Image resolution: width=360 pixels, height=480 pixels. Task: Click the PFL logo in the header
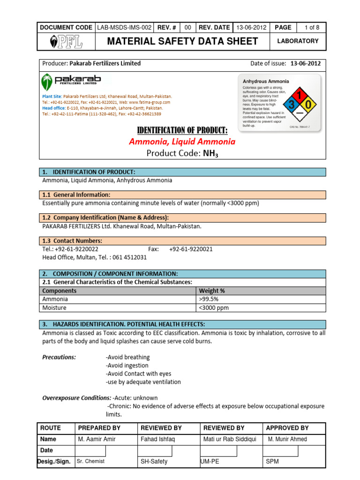tap(67, 42)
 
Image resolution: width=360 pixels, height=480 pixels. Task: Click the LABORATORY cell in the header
tap(298, 41)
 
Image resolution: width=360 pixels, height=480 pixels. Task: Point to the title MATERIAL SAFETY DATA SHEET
tap(182, 41)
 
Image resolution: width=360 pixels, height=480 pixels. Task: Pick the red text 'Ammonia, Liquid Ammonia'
tap(182, 142)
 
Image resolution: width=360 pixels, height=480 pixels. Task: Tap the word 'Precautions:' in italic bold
tap(59, 357)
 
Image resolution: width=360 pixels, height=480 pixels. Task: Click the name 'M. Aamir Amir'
tap(97, 439)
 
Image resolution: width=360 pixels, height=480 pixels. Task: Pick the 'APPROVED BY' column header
tap(287, 428)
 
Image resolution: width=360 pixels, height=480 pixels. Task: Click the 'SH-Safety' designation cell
tap(154, 462)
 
